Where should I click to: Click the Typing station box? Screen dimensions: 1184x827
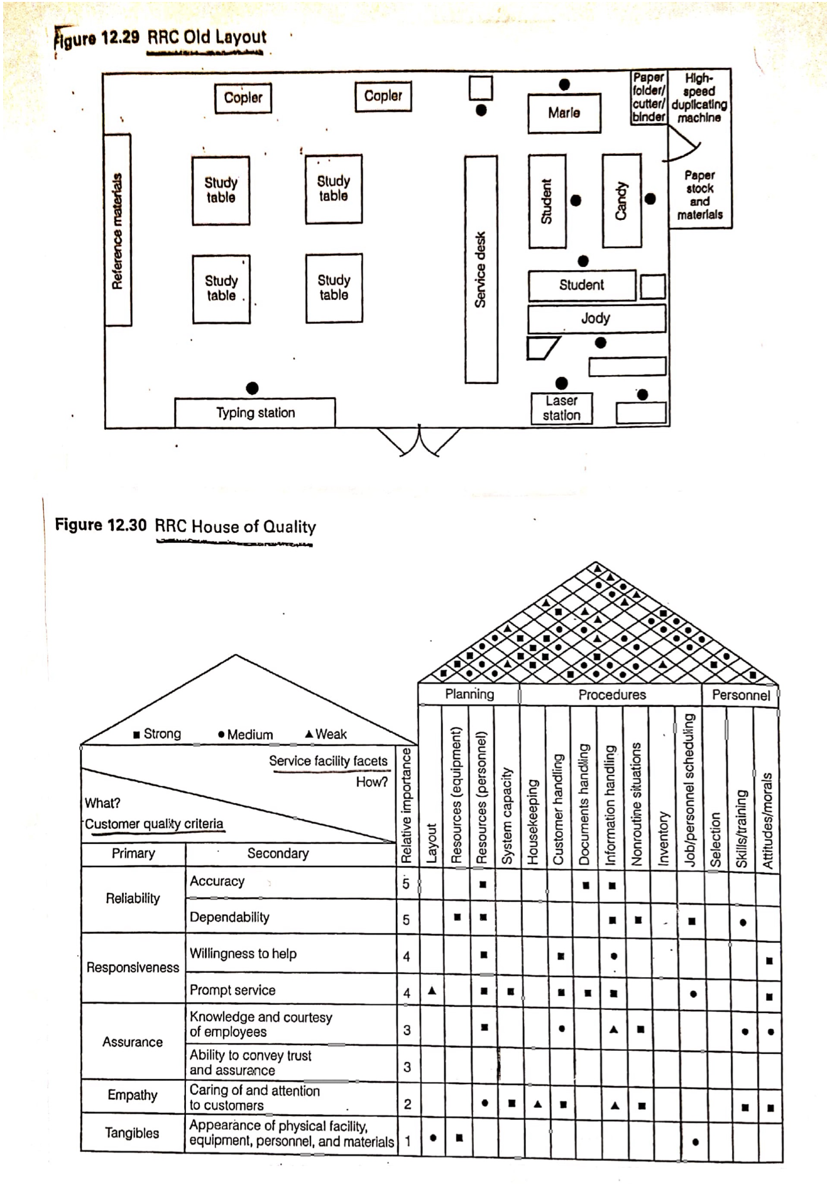click(255, 413)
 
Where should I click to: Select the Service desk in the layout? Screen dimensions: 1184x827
click(481, 270)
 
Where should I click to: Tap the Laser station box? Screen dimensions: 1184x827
click(561, 408)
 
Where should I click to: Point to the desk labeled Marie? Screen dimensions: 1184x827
click(564, 113)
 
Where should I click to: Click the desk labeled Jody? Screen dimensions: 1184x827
click(596, 318)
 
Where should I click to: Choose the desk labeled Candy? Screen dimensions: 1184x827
click(622, 200)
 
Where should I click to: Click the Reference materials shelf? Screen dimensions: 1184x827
click(118, 231)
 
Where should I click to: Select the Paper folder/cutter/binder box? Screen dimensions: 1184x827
click(648, 97)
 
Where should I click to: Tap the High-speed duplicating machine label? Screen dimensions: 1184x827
click(699, 97)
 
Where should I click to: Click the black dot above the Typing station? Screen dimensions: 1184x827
click(252, 388)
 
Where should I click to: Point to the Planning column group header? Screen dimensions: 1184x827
click(469, 694)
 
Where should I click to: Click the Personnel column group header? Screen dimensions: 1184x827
click(740, 694)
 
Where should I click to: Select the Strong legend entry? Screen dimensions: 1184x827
click(157, 733)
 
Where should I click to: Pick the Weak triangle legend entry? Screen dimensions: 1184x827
click(326, 733)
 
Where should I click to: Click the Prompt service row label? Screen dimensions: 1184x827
click(233, 990)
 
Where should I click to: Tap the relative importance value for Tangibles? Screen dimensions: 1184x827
click(407, 1141)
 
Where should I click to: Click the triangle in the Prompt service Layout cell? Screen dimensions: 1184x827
click(432, 990)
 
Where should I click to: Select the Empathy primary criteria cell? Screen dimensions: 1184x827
click(132, 1095)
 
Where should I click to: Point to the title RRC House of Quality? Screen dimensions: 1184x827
click(235, 527)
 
